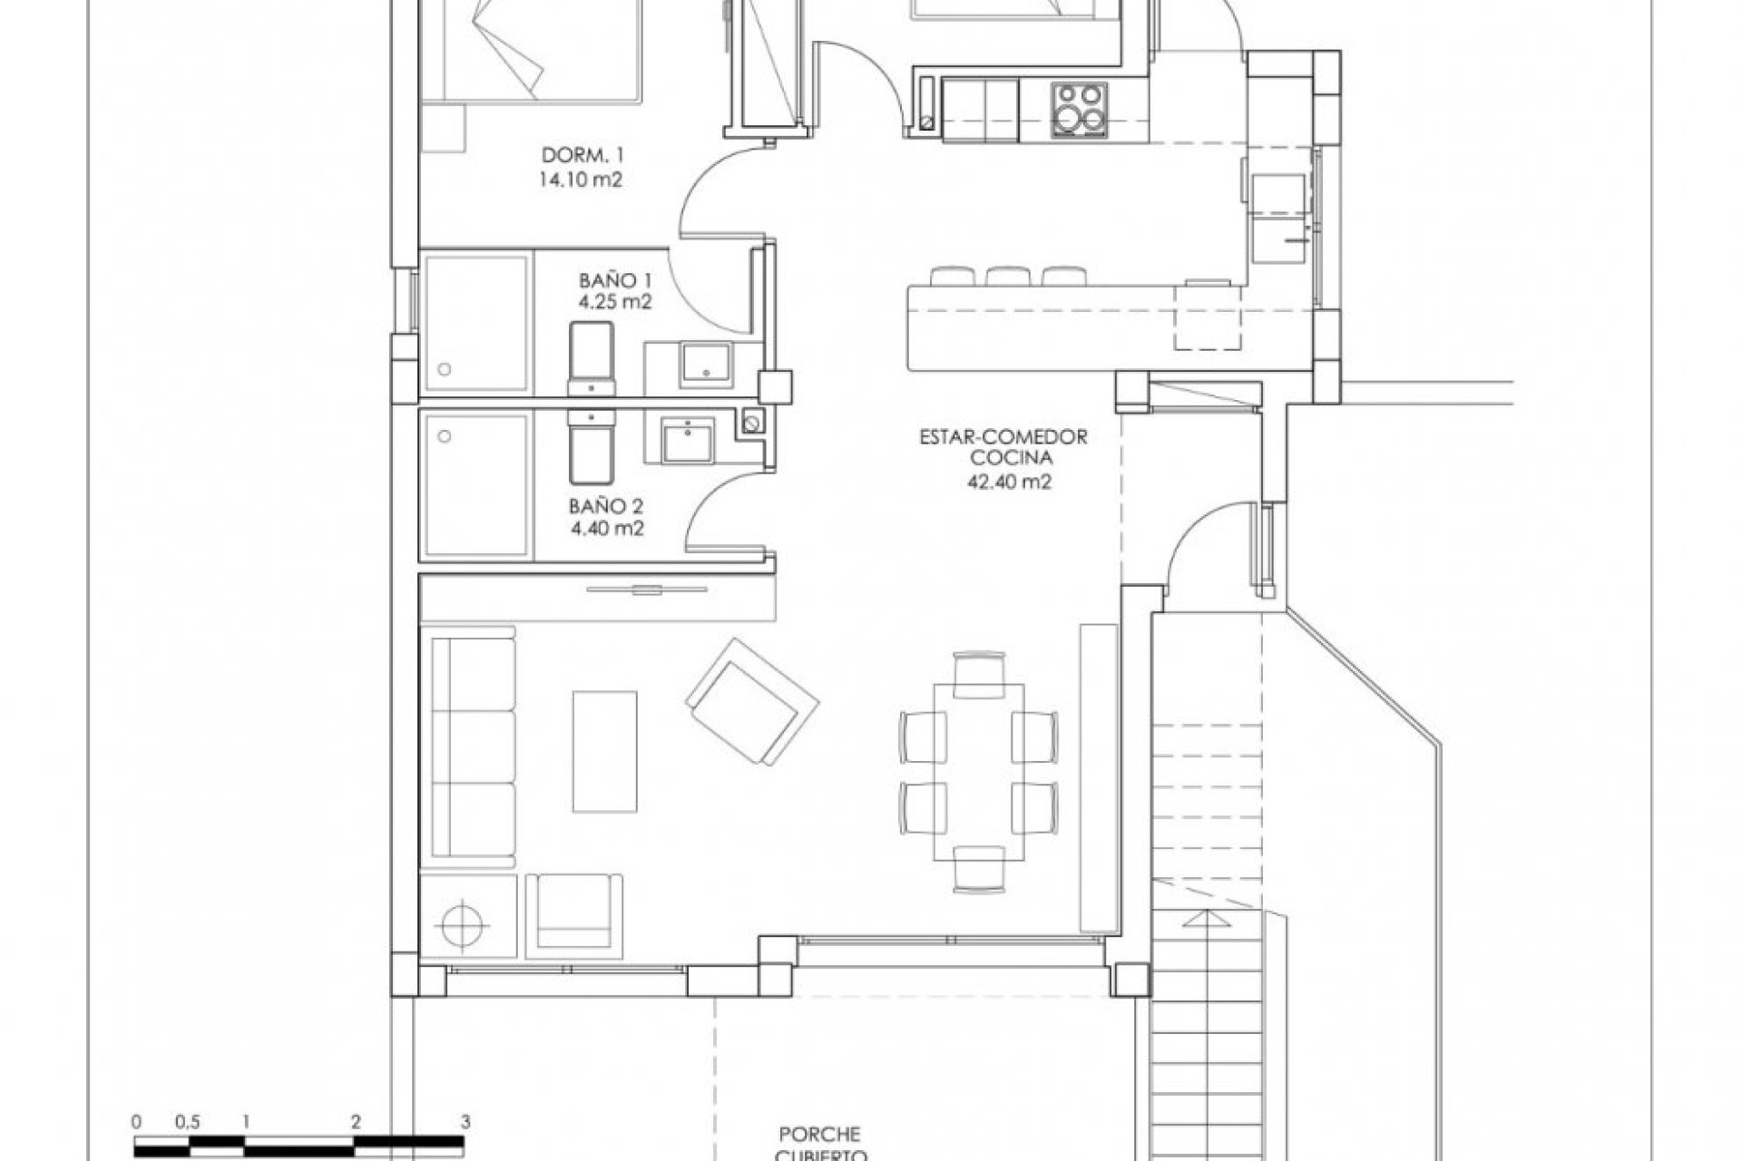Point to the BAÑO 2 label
pyautogui.click(x=607, y=506)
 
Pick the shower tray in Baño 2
pyautogui.click(x=475, y=483)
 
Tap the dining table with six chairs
pyautogui.click(x=979, y=770)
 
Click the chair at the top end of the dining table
pyautogui.click(x=979, y=672)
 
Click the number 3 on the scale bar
pyautogui.click(x=465, y=1121)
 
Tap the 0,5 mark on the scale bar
pyautogui.click(x=190, y=1121)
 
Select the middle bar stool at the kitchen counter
pyautogui.click(x=1004, y=274)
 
